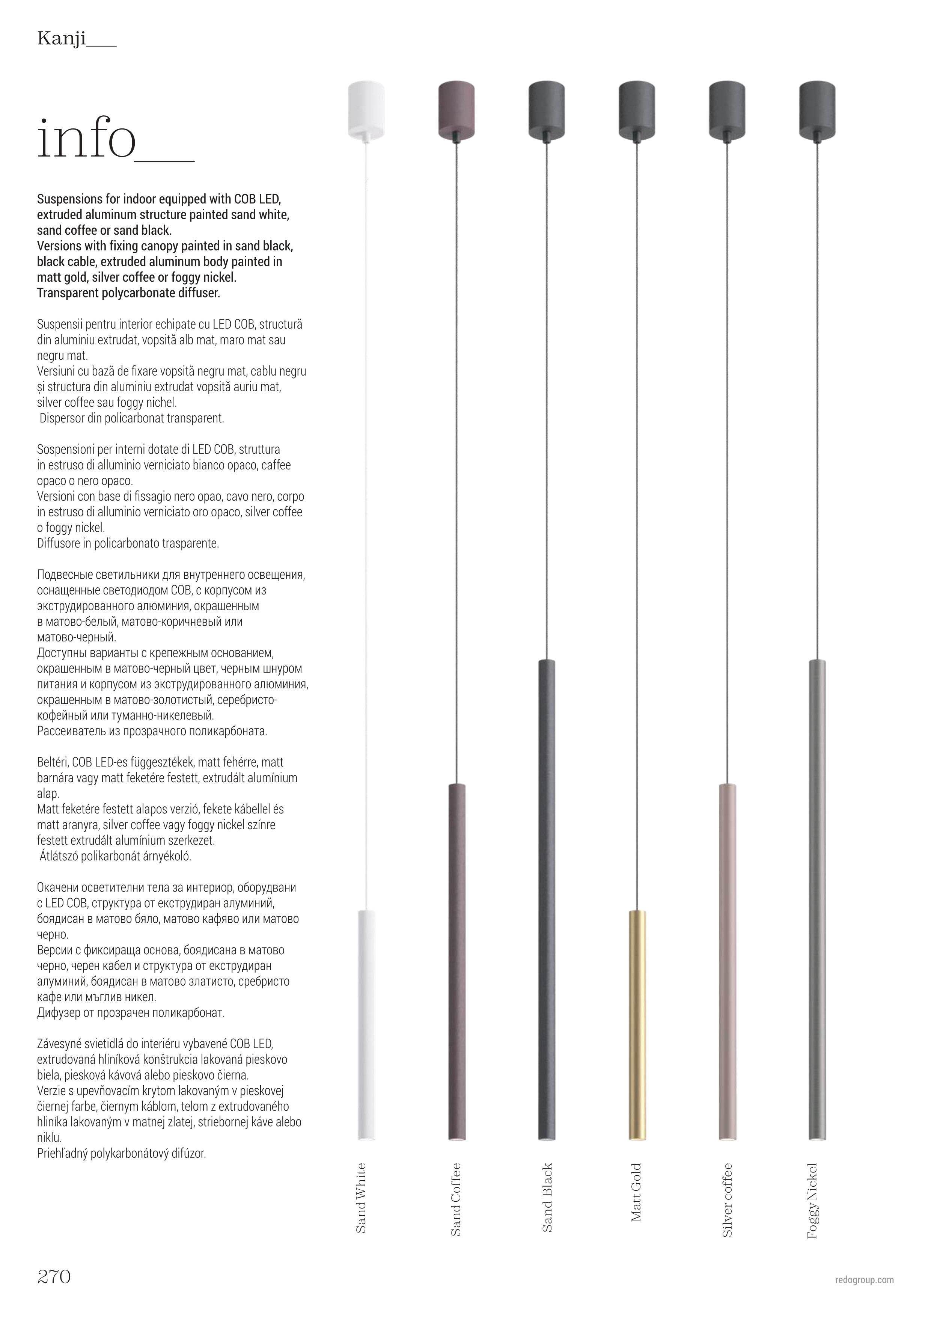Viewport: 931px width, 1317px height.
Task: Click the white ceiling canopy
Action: [366, 109]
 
